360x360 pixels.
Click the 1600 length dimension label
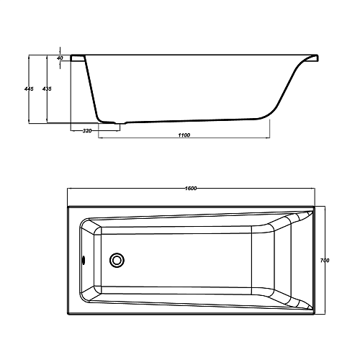click(x=191, y=188)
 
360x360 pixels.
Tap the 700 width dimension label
click(x=325, y=260)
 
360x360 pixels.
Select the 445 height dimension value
click(x=29, y=89)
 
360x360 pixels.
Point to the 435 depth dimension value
click(x=47, y=89)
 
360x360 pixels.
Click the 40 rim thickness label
click(x=60, y=58)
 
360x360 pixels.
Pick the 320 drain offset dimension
click(x=87, y=131)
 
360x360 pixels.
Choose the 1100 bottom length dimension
click(x=184, y=135)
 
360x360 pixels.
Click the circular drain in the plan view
click(x=117, y=260)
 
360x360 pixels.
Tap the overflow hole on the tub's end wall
click(x=84, y=260)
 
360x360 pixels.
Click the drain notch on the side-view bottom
click(x=120, y=123)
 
